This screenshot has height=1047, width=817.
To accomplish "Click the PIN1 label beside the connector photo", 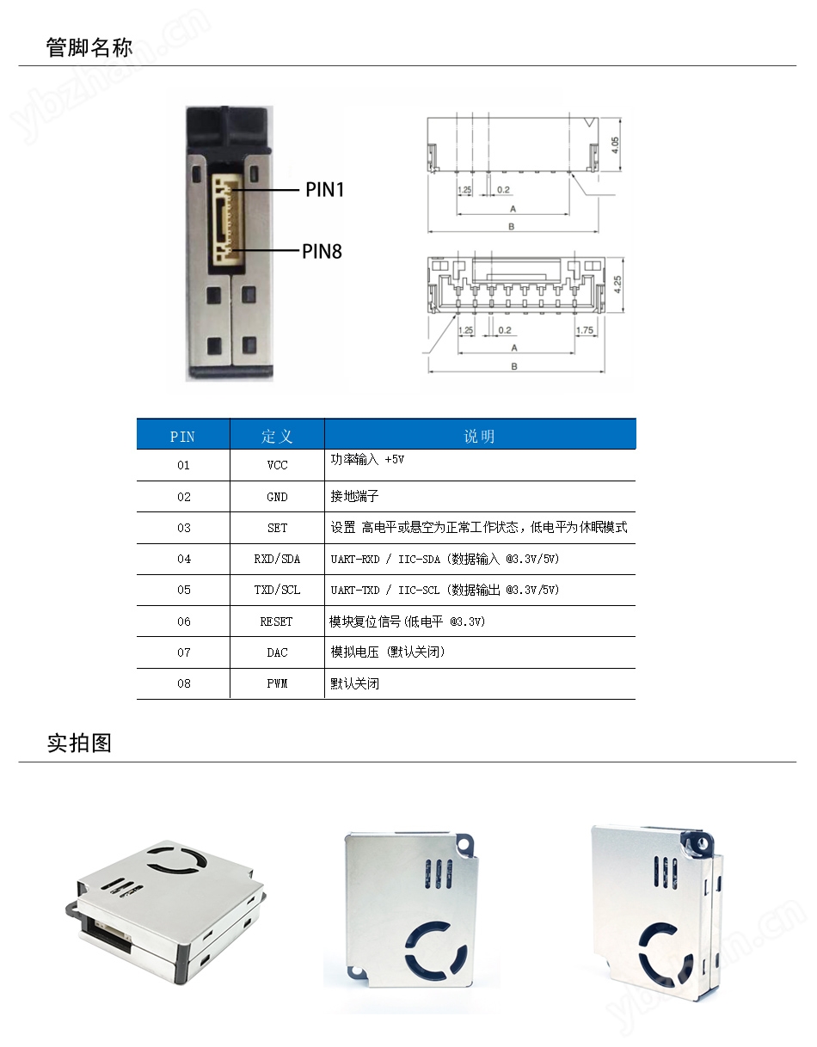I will pos(324,189).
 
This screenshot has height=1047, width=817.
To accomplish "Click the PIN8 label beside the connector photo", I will pos(322,251).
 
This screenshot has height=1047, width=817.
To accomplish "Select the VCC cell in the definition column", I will pos(277,465).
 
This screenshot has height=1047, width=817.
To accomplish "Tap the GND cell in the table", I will pos(277,497).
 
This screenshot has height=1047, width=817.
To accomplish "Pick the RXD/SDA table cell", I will pos(277,559).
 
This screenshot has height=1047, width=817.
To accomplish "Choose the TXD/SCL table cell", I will pos(277,590).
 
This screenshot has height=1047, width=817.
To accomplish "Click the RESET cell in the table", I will pos(277,621).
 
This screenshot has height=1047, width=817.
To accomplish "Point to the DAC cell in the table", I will pos(277,652).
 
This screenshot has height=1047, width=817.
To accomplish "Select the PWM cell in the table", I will pos(277,683).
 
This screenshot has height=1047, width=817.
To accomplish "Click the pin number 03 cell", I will pos(183,528).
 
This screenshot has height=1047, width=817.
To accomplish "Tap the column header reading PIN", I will pos(182,436).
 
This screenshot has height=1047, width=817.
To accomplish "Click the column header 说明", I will pos(479,436).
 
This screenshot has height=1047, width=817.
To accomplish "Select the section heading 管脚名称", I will pos(89,47).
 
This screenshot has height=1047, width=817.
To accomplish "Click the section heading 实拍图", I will pos(79,743).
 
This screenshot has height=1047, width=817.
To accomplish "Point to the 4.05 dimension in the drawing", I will pos(615,145).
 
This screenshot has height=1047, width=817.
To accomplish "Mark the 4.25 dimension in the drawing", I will pos(615,285).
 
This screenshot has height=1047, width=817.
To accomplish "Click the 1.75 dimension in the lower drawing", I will pos(584,330).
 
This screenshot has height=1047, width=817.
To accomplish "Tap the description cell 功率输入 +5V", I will pos(367,460).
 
